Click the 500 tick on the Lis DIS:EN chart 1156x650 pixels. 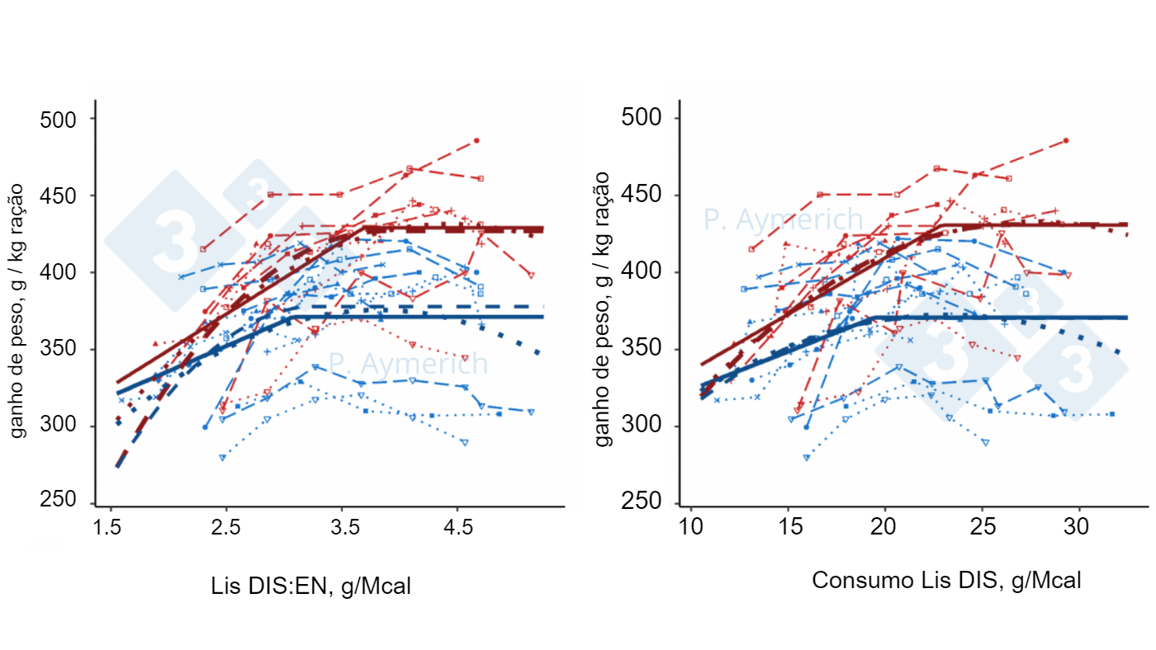point(58,119)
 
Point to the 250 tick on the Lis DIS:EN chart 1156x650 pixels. point(58,502)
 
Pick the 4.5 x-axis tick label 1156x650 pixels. point(459,527)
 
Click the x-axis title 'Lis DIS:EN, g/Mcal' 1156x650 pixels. point(310,586)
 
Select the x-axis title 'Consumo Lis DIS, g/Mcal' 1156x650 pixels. point(946,580)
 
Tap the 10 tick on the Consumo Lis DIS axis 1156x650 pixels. point(691,525)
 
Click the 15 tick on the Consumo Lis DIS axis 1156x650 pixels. point(789,525)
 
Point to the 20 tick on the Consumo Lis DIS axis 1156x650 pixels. point(885,525)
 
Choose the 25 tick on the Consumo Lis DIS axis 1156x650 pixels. point(983,525)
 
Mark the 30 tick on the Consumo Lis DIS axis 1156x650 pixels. point(1079,525)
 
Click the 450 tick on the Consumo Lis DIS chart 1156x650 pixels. point(641,195)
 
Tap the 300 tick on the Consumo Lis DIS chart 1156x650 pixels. point(641,426)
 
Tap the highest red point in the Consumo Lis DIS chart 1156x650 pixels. point(1066,141)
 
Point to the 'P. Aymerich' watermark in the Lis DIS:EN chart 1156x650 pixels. point(408,363)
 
